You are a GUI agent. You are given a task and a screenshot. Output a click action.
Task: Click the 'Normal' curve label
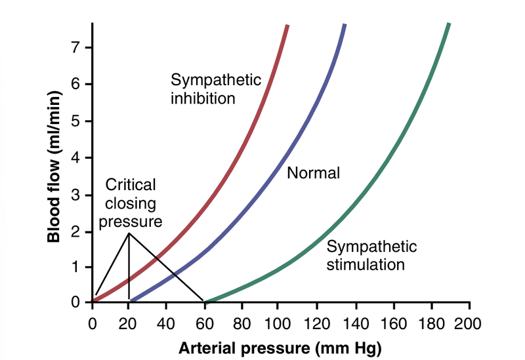pos(313,174)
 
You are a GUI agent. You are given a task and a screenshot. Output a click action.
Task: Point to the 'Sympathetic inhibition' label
pos(216,89)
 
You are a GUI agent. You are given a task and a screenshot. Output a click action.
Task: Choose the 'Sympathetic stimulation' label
pos(372,256)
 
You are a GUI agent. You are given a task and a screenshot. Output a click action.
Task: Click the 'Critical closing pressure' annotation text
pos(130,203)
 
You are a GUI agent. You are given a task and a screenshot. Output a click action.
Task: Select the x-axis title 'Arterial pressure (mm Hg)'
pos(280,346)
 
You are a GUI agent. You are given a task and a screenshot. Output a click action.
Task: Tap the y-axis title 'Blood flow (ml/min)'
pos(55,167)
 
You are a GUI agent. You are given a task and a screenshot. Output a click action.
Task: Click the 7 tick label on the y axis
pos(77,47)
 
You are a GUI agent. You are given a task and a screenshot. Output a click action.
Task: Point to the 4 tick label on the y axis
pos(77,158)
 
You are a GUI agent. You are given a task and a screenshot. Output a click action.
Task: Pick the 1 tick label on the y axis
pos(77,268)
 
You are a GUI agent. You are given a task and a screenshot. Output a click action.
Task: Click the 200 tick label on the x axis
pos(469,323)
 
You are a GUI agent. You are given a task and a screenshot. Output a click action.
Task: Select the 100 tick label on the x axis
pos(280,323)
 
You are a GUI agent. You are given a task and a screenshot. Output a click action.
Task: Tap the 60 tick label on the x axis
pos(205,323)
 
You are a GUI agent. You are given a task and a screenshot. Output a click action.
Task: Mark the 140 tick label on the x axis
pos(355,323)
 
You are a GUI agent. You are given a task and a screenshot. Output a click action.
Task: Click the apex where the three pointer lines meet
pos(129,233)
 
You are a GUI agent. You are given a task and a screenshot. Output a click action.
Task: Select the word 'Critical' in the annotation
pos(130,185)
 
